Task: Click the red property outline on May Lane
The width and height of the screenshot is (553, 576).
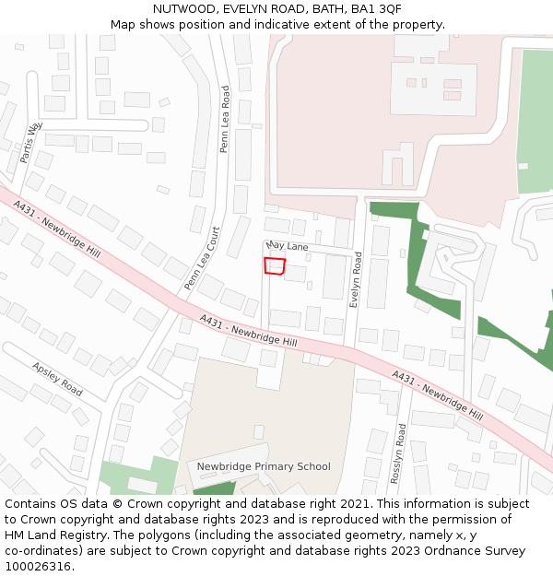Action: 275,265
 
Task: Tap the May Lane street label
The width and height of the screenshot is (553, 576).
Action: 287,247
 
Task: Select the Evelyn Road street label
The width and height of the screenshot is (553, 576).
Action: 356,280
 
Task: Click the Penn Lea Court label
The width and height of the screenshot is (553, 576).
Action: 203,259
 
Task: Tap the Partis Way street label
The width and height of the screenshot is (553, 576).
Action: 31,142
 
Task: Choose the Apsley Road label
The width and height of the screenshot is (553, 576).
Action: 57,379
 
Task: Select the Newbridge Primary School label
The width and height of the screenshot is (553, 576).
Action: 264,466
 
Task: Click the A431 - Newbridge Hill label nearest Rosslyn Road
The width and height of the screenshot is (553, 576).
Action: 437,395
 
